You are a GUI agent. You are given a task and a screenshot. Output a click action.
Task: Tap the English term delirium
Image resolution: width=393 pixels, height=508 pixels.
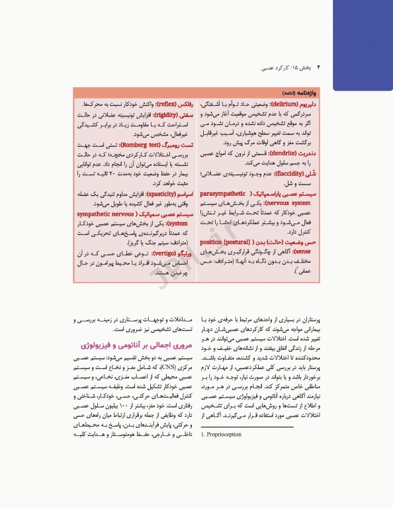click(286, 105)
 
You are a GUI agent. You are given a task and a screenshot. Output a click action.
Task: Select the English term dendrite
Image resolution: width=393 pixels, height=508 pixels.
click(286, 152)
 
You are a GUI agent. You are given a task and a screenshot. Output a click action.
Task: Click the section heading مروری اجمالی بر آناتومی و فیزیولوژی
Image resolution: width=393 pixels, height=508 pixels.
click(130, 346)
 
